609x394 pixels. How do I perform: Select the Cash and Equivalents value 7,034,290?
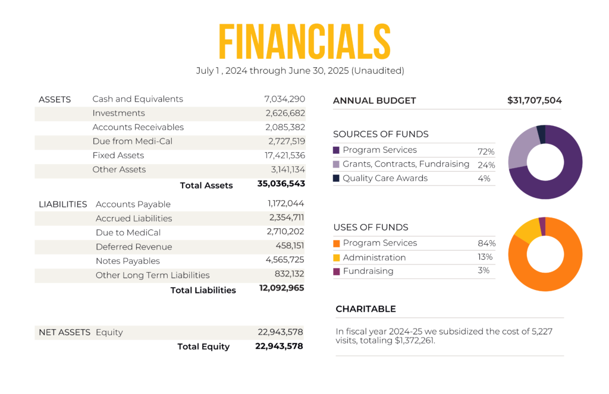click(x=284, y=99)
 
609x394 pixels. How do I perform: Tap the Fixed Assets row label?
click(x=118, y=156)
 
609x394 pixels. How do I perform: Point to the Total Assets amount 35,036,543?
click(x=281, y=184)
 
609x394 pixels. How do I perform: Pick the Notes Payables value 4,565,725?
click(x=285, y=261)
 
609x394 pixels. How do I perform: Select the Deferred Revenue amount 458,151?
click(x=289, y=247)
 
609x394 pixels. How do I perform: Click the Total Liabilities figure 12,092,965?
click(x=281, y=288)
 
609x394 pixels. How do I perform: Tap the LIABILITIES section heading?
click(x=62, y=204)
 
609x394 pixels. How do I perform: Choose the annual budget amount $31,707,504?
click(x=534, y=100)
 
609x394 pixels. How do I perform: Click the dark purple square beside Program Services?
click(x=336, y=150)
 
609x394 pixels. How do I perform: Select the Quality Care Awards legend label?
click(x=385, y=178)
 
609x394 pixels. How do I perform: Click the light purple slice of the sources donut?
click(x=521, y=148)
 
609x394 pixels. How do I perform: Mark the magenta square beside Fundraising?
click(x=336, y=272)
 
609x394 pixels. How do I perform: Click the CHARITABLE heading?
click(x=365, y=309)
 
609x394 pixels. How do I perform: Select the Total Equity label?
click(x=203, y=347)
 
